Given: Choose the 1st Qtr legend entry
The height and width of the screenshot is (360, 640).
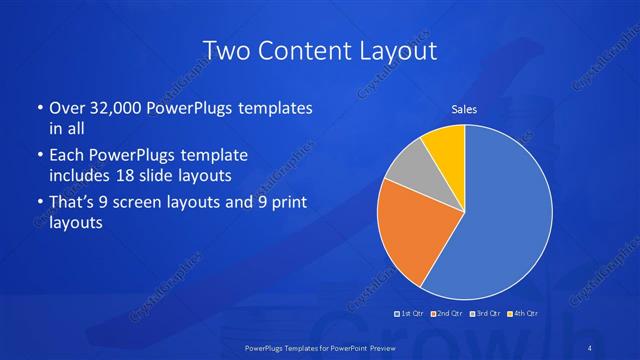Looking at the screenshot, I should (x=411, y=313).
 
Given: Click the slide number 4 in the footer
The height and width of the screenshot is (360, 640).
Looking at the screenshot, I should (x=590, y=346).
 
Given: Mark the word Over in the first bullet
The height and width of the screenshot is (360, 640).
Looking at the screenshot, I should (x=68, y=108).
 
